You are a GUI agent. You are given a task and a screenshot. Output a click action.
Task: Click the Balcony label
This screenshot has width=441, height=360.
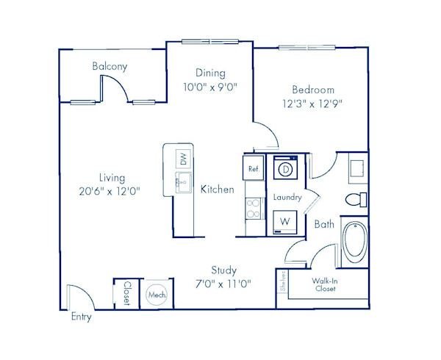(x=110, y=66)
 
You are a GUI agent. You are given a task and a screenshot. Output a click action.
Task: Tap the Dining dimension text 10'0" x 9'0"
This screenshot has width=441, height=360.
(x=210, y=87)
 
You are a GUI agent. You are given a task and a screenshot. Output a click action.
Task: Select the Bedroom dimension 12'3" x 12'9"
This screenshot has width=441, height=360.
(x=312, y=104)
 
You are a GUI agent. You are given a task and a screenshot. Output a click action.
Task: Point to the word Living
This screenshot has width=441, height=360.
(x=112, y=178)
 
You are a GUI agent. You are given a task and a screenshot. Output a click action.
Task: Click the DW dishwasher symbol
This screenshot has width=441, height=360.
(x=183, y=159)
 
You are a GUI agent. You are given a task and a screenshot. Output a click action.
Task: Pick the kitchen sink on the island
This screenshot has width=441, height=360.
(x=183, y=183)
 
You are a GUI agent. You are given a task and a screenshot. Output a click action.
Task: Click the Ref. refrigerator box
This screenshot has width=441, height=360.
(x=254, y=168)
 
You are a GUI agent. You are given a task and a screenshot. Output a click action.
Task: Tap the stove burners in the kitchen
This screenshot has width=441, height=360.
(x=253, y=208)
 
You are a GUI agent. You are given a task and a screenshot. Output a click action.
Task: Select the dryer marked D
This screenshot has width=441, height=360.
(x=285, y=168)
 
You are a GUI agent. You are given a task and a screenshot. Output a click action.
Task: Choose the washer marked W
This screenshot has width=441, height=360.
(x=285, y=222)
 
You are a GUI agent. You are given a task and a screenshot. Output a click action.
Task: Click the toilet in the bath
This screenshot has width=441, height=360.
(x=356, y=200)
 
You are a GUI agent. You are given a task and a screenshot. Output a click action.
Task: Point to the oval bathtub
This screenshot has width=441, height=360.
(x=355, y=242)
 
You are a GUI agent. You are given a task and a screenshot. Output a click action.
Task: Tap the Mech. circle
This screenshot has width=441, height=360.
(x=157, y=295)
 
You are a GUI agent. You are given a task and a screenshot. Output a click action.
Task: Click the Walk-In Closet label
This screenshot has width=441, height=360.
(x=325, y=284)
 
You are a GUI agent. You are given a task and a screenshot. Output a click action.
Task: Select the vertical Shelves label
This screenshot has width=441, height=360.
(x=283, y=281)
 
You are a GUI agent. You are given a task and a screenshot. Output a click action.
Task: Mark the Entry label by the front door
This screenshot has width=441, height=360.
(x=82, y=317)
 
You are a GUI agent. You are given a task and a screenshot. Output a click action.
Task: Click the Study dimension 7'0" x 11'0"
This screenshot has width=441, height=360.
(x=223, y=284)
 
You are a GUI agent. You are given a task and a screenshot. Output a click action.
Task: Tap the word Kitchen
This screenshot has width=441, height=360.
(x=217, y=189)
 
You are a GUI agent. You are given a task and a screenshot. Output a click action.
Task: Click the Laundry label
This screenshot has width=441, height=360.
(x=287, y=198)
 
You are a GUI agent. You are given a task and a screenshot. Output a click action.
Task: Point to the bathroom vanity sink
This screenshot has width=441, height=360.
(x=358, y=168)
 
